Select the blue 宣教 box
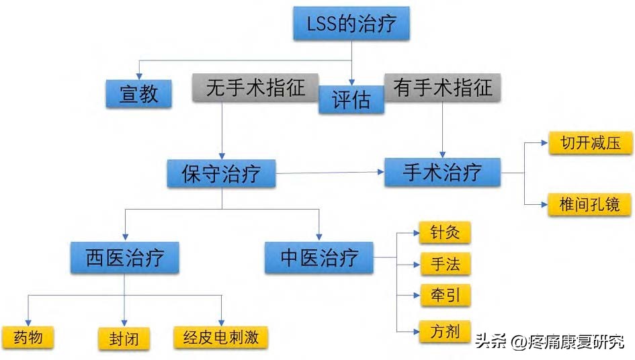point(138,93)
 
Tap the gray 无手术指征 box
point(255,87)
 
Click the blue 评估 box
point(351,100)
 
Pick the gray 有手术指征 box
point(443,87)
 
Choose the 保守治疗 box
point(222,173)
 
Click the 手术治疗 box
point(442,173)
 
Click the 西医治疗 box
point(124,258)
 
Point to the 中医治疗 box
point(319,258)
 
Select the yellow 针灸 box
point(444,232)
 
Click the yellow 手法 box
point(444,263)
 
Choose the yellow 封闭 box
point(124,338)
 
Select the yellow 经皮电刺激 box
point(220,336)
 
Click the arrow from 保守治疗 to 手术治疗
point(329,173)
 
